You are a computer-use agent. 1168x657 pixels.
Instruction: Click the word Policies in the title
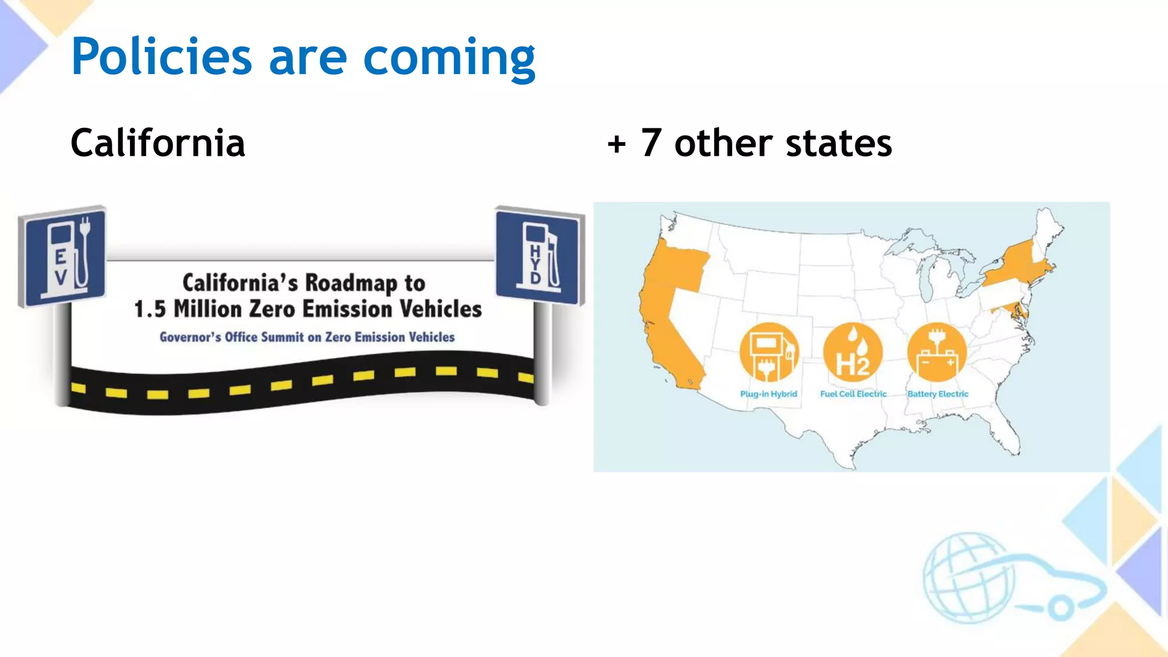161,56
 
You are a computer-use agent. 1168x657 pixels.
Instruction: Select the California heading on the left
157,143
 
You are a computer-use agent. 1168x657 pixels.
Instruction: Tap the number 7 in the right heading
651,143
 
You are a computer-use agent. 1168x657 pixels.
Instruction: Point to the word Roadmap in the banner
351,283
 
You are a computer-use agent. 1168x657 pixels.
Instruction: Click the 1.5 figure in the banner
149,309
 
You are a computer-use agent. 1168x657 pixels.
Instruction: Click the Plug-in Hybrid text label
768,394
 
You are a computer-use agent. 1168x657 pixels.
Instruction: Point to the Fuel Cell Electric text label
853,394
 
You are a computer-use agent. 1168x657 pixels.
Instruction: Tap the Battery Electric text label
938,394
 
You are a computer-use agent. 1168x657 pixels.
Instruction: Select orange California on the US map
664,336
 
